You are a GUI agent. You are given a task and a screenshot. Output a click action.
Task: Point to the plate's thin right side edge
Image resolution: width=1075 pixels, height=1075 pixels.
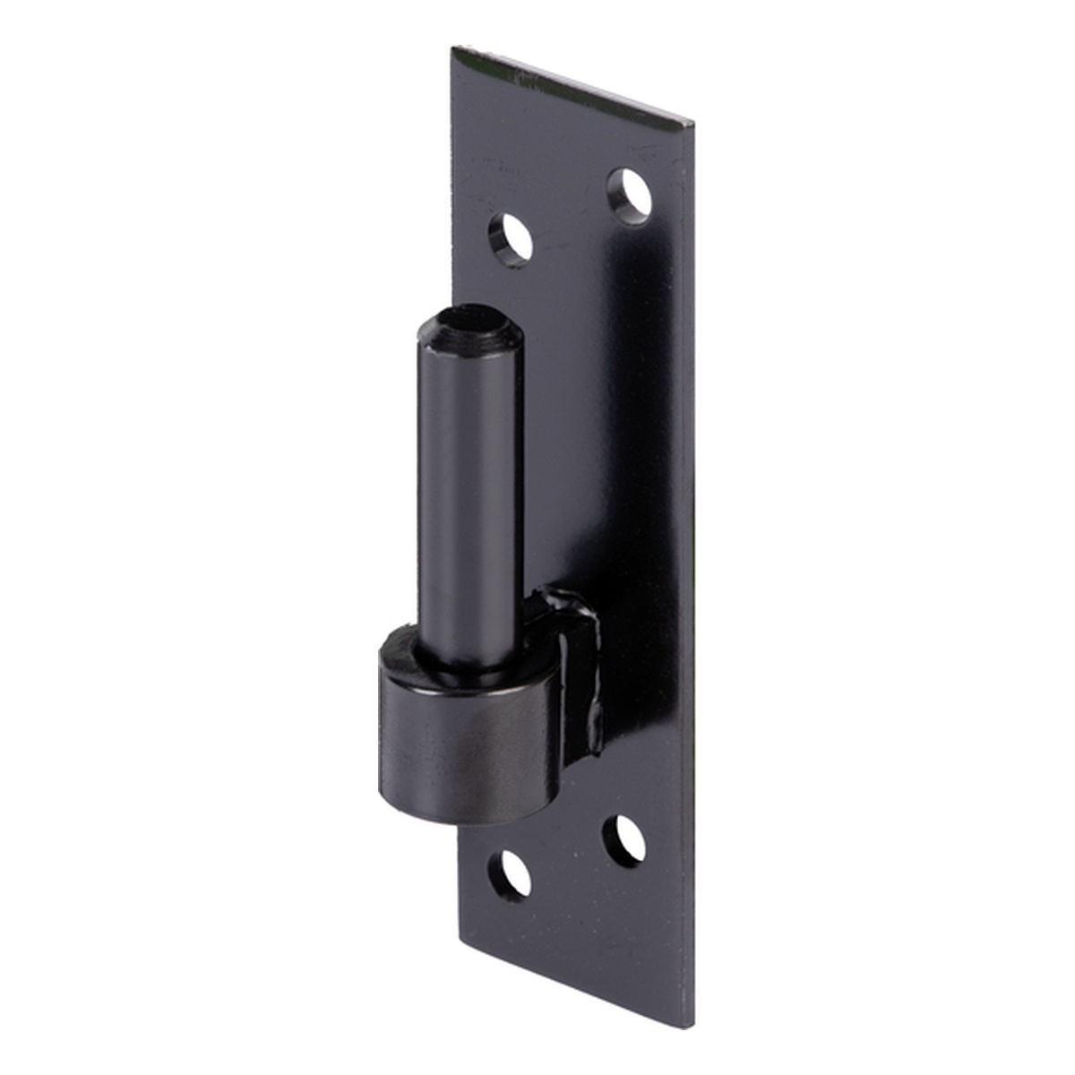pyautogui.click(x=692, y=573)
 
